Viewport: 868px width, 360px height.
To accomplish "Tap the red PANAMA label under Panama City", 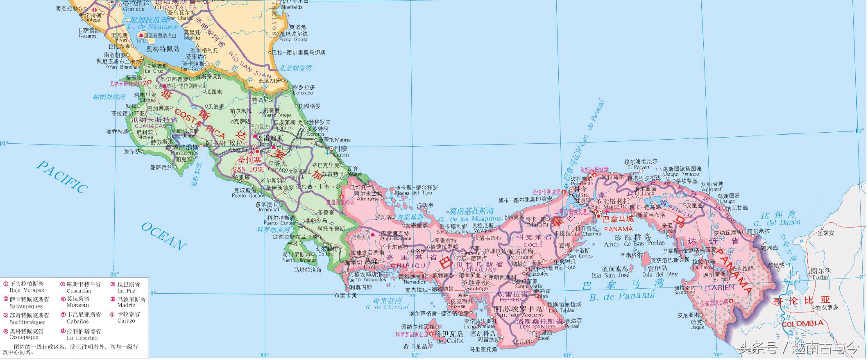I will [x=619, y=228].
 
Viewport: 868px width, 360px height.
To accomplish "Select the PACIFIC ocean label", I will [x=63, y=176].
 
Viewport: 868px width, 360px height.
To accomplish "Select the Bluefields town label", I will [x=291, y=7].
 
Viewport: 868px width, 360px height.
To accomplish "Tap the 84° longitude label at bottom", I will [x=265, y=355].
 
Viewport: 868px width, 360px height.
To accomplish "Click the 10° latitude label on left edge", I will [x=4, y=143].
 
